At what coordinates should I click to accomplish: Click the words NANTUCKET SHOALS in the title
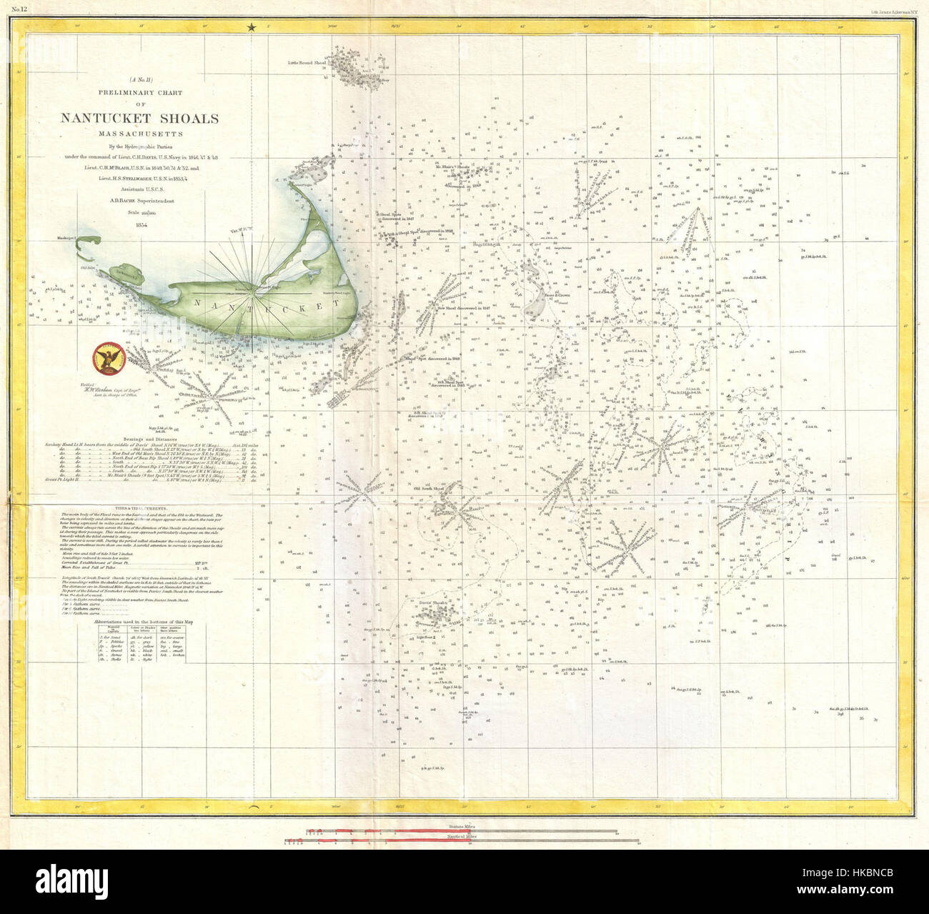tap(139, 119)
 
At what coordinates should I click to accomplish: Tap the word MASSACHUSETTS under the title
tap(139, 133)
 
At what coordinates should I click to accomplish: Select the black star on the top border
tap(251, 28)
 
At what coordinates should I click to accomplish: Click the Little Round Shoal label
tap(307, 63)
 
